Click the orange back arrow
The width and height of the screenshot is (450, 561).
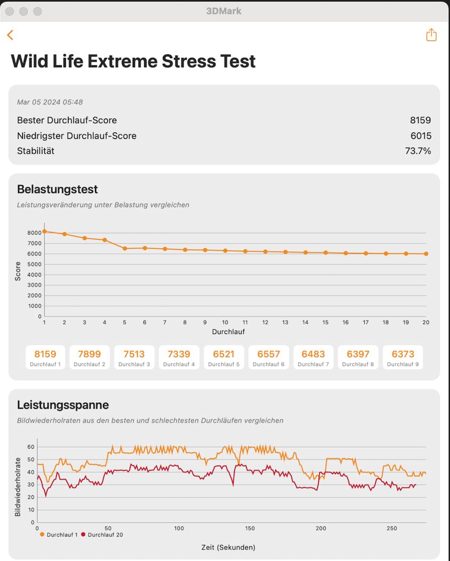point(10,35)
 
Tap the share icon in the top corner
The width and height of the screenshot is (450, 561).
point(431,35)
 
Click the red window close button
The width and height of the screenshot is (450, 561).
point(10,11)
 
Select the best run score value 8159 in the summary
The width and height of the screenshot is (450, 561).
point(420,120)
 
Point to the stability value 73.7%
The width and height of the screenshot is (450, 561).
point(418,151)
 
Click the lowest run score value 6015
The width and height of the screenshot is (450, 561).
point(421,136)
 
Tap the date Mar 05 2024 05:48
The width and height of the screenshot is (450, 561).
point(50,102)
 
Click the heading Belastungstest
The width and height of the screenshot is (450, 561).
point(57,189)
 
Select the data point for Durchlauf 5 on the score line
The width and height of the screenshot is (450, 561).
point(125,248)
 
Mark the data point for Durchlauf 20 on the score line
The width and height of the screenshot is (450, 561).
point(426,254)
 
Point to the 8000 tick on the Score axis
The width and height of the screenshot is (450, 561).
point(34,233)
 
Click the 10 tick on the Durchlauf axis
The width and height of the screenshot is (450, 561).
point(225,322)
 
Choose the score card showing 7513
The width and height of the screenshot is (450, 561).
point(134,357)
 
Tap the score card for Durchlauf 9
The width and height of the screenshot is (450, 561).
point(403,357)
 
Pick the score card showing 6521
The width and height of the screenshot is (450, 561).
point(223,357)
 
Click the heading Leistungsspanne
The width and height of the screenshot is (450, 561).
point(63,405)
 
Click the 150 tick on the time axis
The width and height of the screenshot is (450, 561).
point(250,529)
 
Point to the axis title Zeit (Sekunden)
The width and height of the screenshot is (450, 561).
point(228,547)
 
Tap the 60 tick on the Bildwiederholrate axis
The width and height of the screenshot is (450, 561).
point(31,447)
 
